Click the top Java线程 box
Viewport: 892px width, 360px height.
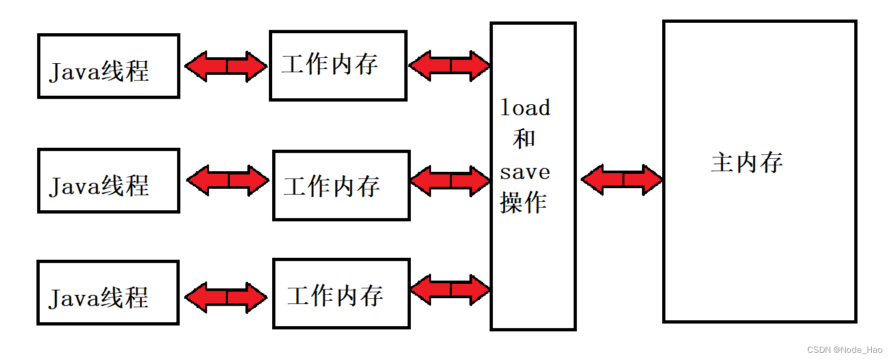108,66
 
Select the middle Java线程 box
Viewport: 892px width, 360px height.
108,180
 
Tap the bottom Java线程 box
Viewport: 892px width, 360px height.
108,292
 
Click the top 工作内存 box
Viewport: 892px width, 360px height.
338,65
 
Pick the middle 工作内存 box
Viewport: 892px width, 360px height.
341,186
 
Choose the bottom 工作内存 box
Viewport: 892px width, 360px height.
341,294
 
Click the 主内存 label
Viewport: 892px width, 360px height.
746,162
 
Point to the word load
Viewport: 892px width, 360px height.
525,107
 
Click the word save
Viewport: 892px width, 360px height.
525,172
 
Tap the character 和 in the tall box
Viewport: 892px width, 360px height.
524,139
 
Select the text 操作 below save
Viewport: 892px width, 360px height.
523,203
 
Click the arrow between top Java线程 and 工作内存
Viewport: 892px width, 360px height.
226,66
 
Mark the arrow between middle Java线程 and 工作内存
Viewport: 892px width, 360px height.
228,180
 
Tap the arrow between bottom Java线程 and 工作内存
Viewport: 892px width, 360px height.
226,297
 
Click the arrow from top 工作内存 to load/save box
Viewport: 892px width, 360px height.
449,65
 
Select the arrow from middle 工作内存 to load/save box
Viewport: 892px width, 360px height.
450,180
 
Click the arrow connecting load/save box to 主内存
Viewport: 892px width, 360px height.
622,179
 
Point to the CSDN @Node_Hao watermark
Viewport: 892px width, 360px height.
846,350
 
